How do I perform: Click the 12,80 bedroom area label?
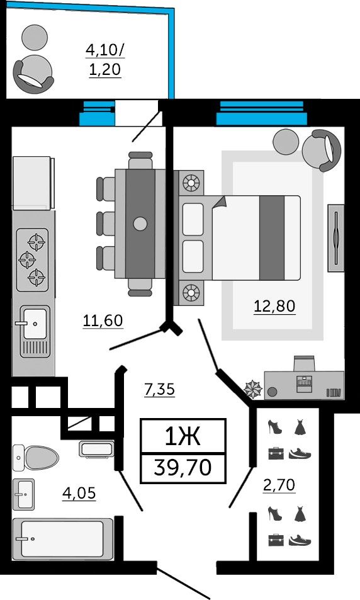coord(274,306)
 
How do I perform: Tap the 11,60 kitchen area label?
coord(103,320)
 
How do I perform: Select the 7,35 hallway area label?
coord(159,389)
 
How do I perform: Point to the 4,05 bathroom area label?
coord(79,493)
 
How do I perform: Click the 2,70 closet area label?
coord(279,485)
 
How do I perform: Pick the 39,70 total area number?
coord(183,467)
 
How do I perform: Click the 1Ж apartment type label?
coord(183,436)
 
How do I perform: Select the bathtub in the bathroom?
coord(63,539)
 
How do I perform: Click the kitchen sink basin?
coord(35,331)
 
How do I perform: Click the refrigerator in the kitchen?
coord(33,183)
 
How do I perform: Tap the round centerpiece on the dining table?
coord(140,224)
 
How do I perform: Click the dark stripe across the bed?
coord(272,237)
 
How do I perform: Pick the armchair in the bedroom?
coord(322,150)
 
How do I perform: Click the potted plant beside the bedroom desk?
coord(253,388)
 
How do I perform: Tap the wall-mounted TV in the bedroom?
coord(335,238)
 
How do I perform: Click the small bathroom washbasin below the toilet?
coord(24,494)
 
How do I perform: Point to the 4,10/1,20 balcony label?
coord(105,60)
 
